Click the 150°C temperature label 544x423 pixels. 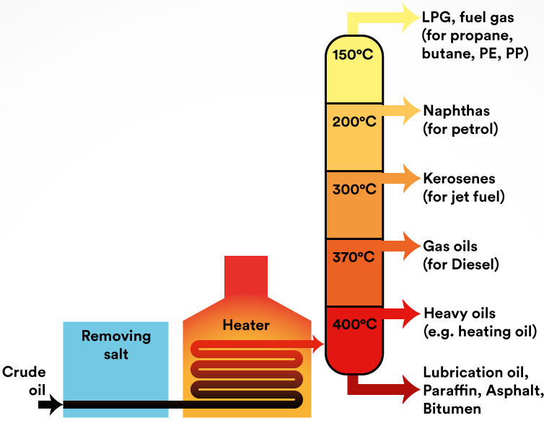(353, 55)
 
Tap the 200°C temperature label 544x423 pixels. (354, 122)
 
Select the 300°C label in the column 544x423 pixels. (354, 189)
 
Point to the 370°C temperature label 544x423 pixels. (354, 257)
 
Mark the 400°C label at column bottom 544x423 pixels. (354, 324)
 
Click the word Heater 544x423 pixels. (246, 325)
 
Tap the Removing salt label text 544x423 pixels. (116, 345)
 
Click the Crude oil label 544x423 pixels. (24, 381)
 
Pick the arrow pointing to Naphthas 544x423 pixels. (401, 110)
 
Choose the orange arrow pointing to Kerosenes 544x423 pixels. (401, 178)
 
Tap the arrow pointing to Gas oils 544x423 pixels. (401, 246)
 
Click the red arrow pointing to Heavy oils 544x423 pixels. (401, 313)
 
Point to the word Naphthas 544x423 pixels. (457, 111)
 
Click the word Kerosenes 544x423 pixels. (460, 179)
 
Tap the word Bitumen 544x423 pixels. (452, 409)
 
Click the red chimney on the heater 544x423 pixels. (246, 277)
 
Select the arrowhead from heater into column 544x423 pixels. (318, 344)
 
